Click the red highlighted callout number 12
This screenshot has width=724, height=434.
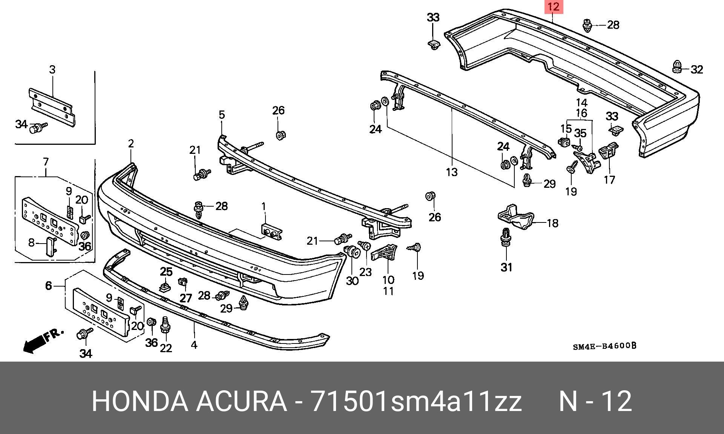pos(553,7)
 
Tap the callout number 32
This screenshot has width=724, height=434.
pos(697,70)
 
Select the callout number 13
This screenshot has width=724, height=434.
pos(451,172)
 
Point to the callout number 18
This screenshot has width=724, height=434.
pos(552,223)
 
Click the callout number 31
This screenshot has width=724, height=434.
pos(506,267)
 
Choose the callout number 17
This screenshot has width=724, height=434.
pos(609,180)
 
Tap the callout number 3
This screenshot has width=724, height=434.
pos(52,69)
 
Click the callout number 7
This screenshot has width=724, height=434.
pos(46,162)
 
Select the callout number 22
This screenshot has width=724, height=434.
pos(166,348)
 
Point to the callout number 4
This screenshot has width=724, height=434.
pos(194,345)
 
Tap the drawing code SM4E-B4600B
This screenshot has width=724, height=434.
pos(604,346)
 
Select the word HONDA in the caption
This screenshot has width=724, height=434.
pos(140,401)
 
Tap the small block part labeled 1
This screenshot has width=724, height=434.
pos(271,232)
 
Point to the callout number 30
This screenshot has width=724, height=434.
pos(352,281)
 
